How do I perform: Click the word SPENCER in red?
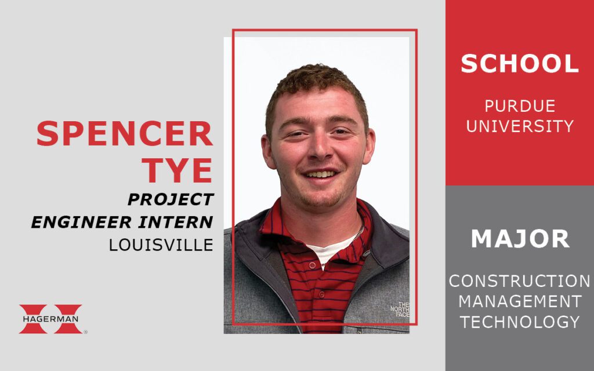(x=125, y=134)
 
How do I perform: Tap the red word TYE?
(x=177, y=170)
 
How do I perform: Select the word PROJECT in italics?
(x=171, y=199)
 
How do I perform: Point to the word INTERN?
(x=176, y=222)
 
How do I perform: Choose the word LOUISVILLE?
(x=161, y=245)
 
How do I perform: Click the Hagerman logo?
(x=51, y=319)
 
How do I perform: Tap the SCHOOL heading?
(x=520, y=64)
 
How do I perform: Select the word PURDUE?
(x=520, y=106)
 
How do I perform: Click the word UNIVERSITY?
(x=520, y=126)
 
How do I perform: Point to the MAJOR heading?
(x=520, y=239)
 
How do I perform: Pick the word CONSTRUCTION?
(x=519, y=281)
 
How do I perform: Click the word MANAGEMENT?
(x=520, y=301)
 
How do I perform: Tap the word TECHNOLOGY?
(x=520, y=322)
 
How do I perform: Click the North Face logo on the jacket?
(x=400, y=310)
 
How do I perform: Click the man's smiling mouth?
(x=321, y=174)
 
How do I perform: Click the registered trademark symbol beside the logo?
(x=85, y=332)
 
